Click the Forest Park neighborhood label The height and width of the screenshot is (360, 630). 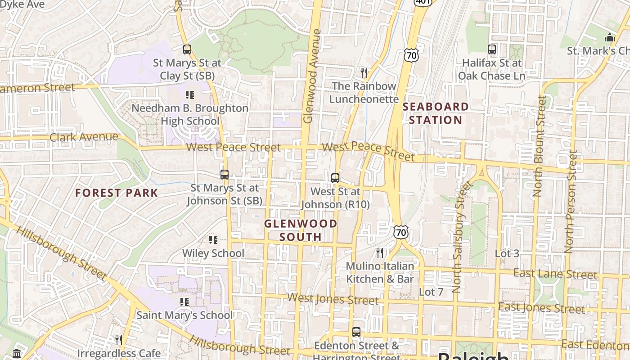(x=117, y=193)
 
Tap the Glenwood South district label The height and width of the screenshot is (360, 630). (x=301, y=230)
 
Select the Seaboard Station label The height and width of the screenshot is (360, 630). (x=435, y=113)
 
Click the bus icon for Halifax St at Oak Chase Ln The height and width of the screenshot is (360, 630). (x=492, y=49)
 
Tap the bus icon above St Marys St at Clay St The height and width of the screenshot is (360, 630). (x=187, y=49)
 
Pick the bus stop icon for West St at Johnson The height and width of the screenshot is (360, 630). (x=335, y=178)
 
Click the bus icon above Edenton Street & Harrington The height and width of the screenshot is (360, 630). (x=356, y=332)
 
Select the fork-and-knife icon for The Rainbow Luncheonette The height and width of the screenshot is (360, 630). (x=364, y=72)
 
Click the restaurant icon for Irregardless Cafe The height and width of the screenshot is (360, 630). (x=119, y=339)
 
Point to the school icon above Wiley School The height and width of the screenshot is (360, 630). (x=213, y=240)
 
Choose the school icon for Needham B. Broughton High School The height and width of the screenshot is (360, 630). (x=190, y=95)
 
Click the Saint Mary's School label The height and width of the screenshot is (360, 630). (x=184, y=315)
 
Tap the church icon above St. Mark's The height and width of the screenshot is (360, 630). (x=610, y=37)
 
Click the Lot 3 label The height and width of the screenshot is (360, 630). (x=507, y=253)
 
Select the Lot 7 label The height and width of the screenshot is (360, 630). (x=431, y=292)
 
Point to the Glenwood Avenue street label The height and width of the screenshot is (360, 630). (x=312, y=76)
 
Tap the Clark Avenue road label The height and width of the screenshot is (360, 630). (x=84, y=137)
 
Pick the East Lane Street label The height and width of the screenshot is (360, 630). (x=555, y=274)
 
